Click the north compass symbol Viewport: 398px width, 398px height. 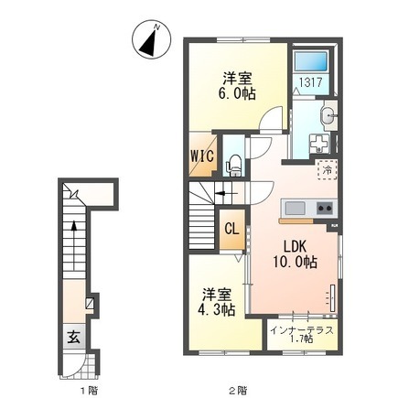coord(151,39)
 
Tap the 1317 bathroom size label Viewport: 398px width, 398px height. coord(310,82)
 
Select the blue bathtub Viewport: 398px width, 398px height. coord(310,62)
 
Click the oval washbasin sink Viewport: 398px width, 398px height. coord(328,116)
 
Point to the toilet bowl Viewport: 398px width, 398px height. coord(233,165)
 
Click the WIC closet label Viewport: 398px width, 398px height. coord(202,156)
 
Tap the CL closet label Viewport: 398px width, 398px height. coord(231,229)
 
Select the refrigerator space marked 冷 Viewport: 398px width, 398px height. coord(328,170)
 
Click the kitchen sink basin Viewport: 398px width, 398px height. coord(295,209)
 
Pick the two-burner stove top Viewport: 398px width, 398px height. coord(326,209)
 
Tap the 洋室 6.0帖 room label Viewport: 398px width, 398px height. coord(237,86)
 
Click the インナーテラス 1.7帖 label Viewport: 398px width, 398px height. coord(302,335)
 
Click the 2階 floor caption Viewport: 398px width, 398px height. coord(238,390)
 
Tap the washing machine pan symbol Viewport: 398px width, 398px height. coord(319,144)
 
